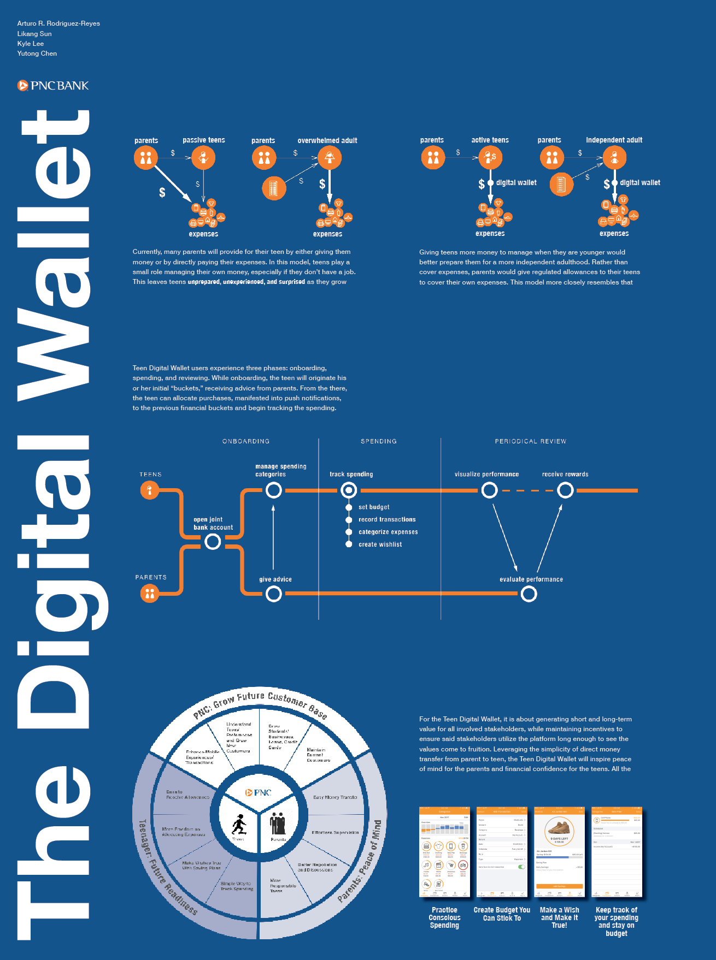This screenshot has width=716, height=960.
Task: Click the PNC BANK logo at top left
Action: [x=53, y=86]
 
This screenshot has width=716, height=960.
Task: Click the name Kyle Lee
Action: [x=31, y=44]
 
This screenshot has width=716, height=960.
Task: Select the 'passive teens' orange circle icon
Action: [x=203, y=158]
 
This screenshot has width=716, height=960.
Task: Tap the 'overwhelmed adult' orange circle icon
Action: [x=329, y=158]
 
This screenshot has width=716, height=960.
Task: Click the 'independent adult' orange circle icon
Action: [x=614, y=158]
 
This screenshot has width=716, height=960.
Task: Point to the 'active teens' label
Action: [x=490, y=140]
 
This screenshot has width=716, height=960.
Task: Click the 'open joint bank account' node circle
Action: [x=213, y=542]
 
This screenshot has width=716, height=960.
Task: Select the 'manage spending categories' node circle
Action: [x=273, y=490]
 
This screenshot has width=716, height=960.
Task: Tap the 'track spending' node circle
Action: [x=349, y=490]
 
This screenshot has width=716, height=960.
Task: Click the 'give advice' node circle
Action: [x=273, y=594]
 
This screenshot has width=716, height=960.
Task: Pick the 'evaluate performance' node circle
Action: [x=529, y=594]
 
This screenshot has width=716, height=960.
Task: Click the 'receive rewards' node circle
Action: [x=565, y=490]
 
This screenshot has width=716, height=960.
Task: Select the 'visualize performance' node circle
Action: [x=489, y=490]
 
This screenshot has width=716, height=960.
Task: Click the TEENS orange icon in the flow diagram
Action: [x=149, y=490]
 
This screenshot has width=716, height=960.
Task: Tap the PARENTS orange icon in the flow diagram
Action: [x=149, y=593]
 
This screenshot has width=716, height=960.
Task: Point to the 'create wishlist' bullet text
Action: [x=380, y=544]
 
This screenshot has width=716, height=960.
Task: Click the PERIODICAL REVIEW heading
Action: [x=530, y=441]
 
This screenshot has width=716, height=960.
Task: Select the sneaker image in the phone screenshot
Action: [x=559, y=828]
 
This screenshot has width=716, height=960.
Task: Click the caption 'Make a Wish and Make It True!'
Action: [x=559, y=917]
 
